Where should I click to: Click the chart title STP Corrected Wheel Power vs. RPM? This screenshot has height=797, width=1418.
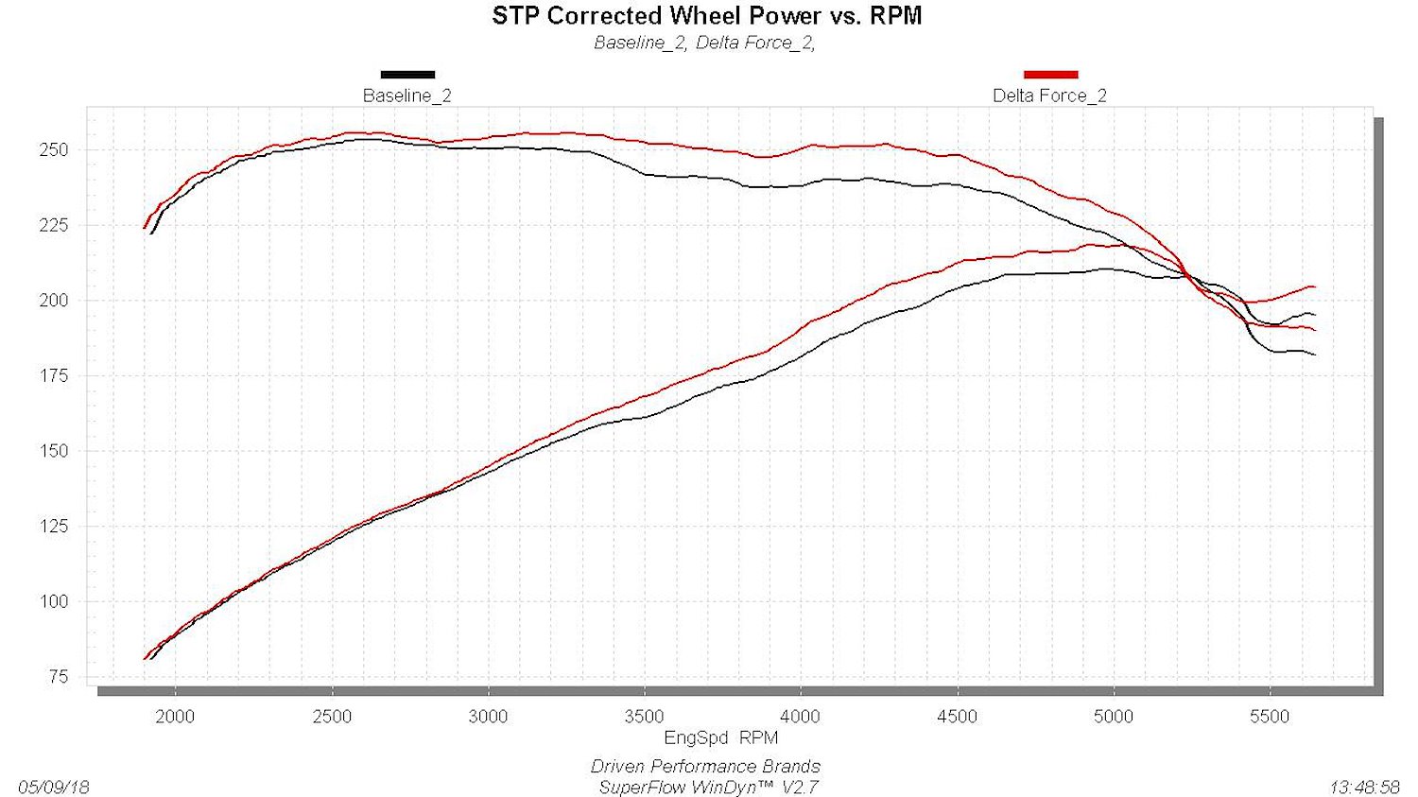[706, 16]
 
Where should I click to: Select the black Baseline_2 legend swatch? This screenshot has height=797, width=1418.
[407, 75]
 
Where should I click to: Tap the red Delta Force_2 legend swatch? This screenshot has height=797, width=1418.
[1051, 75]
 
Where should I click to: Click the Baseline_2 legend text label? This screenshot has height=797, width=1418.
[407, 95]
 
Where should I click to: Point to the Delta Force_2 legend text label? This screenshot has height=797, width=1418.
[1049, 95]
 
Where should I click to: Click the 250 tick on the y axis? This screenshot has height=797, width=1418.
[54, 150]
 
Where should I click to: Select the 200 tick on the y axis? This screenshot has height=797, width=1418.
[54, 301]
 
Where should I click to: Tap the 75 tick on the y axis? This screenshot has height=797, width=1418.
[58, 677]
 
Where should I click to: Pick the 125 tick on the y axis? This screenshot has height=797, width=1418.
[54, 526]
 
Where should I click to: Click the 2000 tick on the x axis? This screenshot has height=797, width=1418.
[175, 717]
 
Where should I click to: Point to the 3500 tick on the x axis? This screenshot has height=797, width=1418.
[645, 717]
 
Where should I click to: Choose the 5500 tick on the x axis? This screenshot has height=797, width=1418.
[1270, 717]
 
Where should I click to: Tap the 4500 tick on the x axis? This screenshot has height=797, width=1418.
[957, 717]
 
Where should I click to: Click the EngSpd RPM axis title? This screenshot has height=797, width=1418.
[721, 737]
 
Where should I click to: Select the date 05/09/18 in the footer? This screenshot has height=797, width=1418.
[54, 788]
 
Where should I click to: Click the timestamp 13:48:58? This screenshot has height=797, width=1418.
[1364, 788]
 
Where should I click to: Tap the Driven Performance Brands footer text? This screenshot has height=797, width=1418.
[706, 767]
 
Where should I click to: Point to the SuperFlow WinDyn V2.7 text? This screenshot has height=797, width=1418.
[708, 788]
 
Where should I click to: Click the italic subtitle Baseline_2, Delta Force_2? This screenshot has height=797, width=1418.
[704, 43]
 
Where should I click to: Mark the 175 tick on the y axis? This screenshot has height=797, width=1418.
[54, 376]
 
